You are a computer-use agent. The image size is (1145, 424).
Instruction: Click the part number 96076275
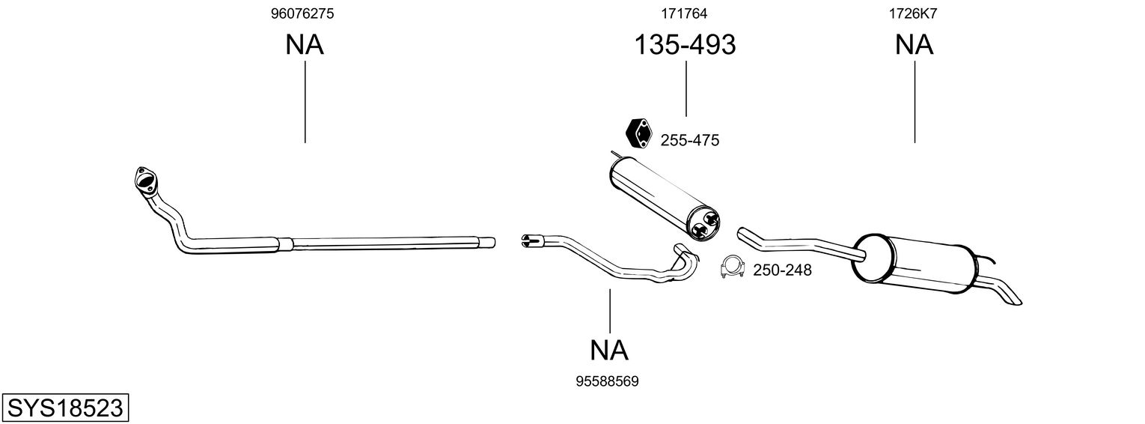click(302, 13)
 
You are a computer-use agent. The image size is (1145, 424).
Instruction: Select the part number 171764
click(684, 13)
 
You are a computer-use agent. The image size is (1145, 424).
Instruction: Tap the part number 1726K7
click(913, 13)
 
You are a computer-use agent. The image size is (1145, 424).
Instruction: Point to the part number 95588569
click(607, 381)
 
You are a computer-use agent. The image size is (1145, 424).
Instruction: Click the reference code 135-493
click(685, 45)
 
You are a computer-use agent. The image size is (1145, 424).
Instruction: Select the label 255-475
click(689, 140)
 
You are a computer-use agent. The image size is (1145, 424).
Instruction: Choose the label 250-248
click(782, 270)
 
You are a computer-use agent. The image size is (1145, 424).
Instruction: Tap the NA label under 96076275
click(305, 45)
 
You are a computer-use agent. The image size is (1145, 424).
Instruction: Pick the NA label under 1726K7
click(914, 45)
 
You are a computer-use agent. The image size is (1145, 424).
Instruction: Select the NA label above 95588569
click(609, 350)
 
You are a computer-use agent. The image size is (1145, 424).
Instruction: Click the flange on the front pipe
click(142, 179)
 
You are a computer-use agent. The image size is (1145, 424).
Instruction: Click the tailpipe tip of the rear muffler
click(1010, 297)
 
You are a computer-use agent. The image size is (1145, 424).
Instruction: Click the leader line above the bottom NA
click(610, 310)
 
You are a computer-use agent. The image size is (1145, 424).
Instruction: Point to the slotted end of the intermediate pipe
click(529, 240)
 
